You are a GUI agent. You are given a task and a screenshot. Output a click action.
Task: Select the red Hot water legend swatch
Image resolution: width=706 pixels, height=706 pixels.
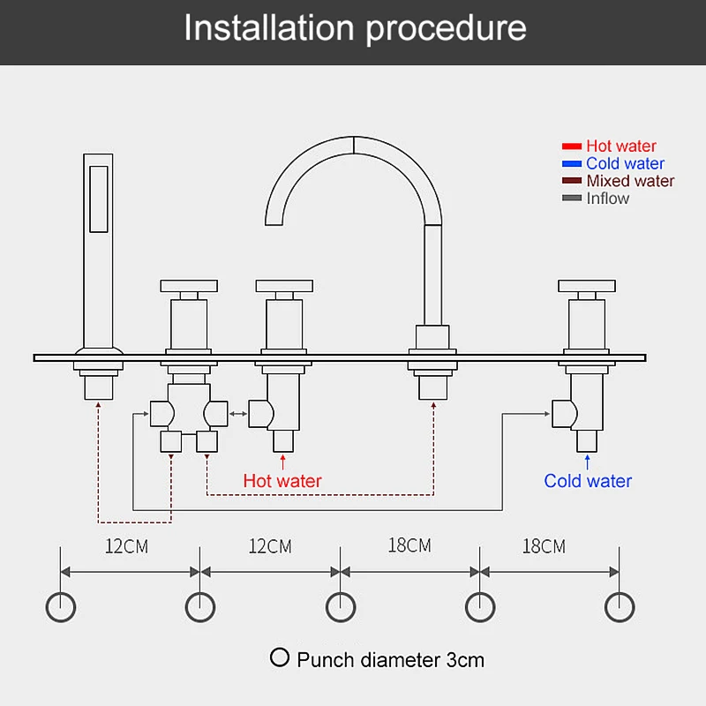pyautogui.click(x=572, y=146)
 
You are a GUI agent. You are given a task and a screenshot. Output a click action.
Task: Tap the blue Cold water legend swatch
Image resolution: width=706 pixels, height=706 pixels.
pyautogui.click(x=572, y=163)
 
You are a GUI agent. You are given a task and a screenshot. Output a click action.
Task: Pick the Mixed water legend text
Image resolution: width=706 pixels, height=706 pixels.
pyautogui.click(x=630, y=181)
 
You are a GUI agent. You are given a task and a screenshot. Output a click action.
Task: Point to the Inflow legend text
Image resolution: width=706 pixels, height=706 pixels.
pyautogui.click(x=608, y=199)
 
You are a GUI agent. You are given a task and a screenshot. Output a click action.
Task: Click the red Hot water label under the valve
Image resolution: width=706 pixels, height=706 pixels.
pyautogui.click(x=282, y=482)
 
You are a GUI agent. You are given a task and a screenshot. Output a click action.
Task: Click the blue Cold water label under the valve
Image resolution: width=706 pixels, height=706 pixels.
pyautogui.click(x=588, y=481)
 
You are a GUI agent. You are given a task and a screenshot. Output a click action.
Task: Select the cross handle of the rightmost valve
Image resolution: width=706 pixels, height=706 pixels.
pyautogui.click(x=584, y=286)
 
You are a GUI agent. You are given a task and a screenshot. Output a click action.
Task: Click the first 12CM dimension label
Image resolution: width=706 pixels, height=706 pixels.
pyautogui.click(x=127, y=546)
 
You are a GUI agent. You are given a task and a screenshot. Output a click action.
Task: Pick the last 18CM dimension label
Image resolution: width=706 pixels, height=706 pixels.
pyautogui.click(x=544, y=546)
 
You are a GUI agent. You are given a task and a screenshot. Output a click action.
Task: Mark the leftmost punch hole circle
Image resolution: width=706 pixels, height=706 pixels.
pyautogui.click(x=60, y=606)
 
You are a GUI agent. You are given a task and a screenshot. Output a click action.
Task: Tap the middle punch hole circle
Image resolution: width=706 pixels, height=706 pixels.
pyautogui.click(x=341, y=606)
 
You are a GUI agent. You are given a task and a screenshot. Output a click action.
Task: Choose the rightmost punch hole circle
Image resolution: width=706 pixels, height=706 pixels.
pyautogui.click(x=620, y=606)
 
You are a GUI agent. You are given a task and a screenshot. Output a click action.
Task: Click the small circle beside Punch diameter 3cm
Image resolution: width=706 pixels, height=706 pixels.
pyautogui.click(x=281, y=657)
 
